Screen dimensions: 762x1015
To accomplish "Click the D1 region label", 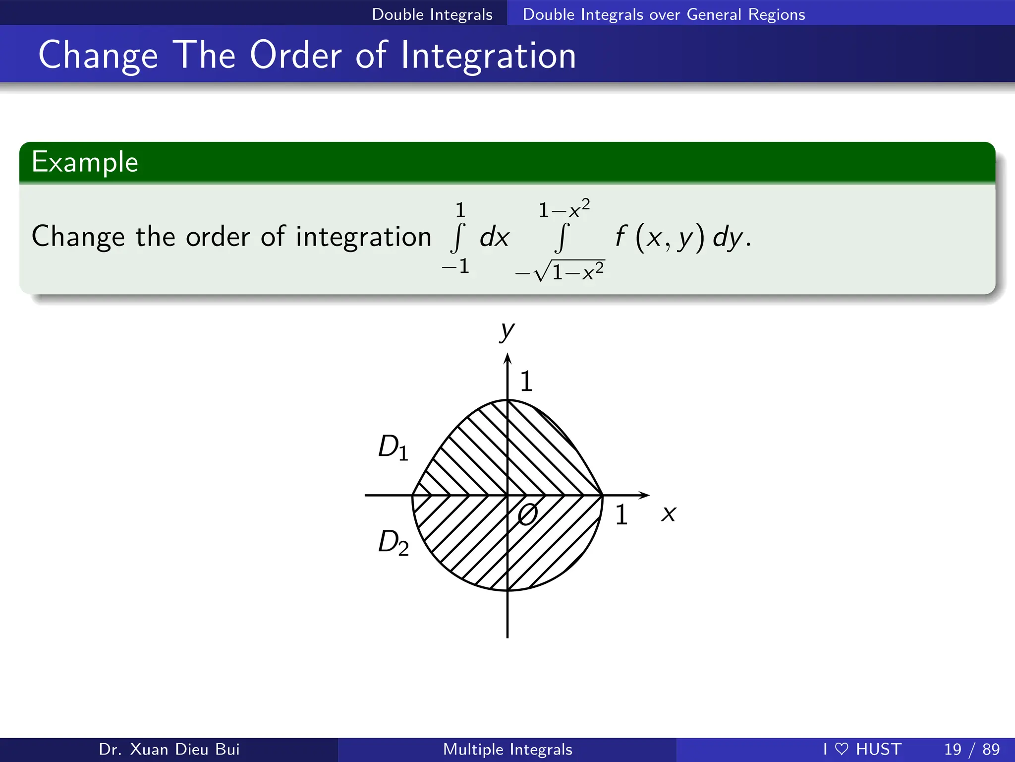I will click(x=393, y=447).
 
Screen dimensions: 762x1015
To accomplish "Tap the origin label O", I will click(x=527, y=514).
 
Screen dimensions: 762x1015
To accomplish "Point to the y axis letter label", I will click(x=507, y=331).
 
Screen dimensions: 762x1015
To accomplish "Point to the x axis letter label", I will click(x=669, y=514).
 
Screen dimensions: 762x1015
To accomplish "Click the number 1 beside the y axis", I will click(x=526, y=381).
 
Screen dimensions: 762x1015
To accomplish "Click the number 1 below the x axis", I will click(x=621, y=515).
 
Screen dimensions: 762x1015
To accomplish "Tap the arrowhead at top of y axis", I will click(x=507, y=358).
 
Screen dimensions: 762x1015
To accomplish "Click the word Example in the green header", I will click(x=85, y=162).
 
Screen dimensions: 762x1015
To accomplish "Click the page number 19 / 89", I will click(x=971, y=749).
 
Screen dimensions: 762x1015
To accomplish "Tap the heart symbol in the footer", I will click(x=842, y=749).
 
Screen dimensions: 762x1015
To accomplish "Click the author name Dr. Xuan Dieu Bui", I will click(x=169, y=749).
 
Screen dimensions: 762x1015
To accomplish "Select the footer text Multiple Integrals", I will click(x=507, y=749).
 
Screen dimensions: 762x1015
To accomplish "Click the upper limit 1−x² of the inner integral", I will click(x=564, y=209).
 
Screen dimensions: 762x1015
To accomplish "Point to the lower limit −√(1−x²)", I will click(x=560, y=271).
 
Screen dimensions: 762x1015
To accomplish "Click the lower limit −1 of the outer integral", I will click(x=456, y=267).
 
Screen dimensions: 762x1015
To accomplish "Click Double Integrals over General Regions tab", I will click(x=664, y=14).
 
